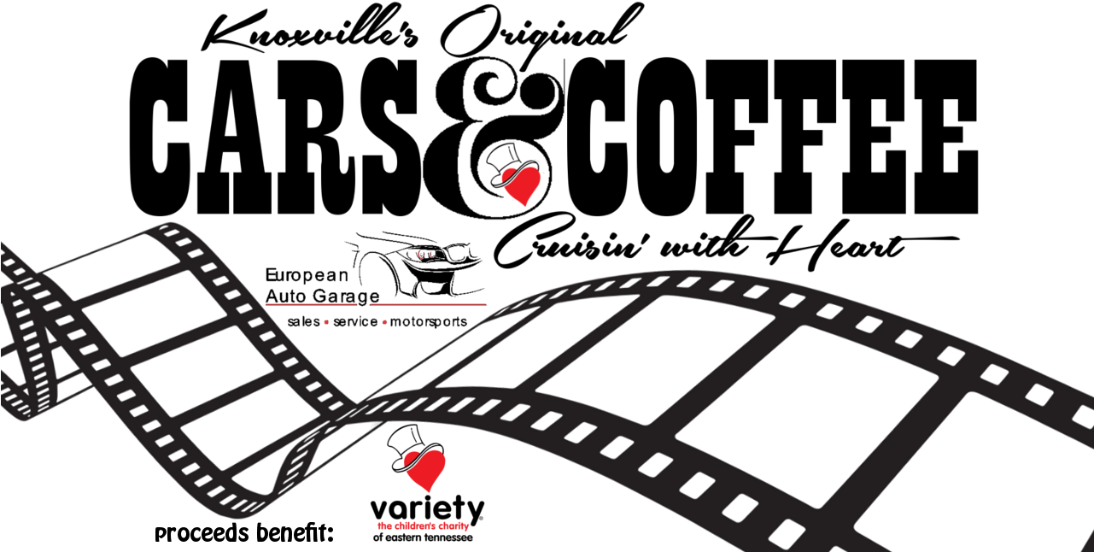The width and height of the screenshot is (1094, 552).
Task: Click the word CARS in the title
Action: click(x=276, y=137)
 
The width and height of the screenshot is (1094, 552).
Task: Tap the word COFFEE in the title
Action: click(x=772, y=137)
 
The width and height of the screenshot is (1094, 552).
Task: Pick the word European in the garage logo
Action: click(x=307, y=275)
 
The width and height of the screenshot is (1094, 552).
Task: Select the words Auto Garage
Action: click(x=322, y=297)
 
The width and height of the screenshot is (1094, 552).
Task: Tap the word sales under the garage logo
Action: click(x=303, y=322)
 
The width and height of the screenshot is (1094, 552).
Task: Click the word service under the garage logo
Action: click(x=355, y=322)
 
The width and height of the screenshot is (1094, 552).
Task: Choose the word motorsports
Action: click(x=429, y=322)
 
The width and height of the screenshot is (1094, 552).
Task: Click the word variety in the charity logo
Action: click(x=427, y=509)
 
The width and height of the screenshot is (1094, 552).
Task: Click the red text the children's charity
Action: click(x=423, y=526)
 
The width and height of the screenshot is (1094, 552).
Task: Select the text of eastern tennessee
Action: click(x=423, y=537)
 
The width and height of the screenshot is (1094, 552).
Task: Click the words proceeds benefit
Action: click(x=243, y=533)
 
